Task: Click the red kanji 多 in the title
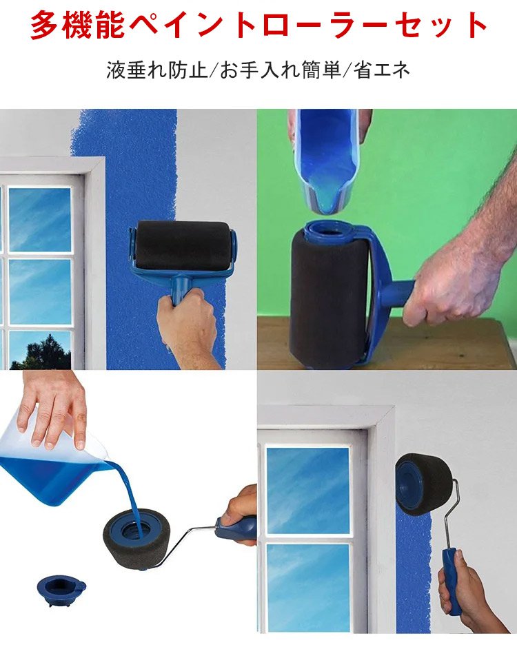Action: pos(45,25)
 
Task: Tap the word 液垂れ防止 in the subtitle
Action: pos(157,70)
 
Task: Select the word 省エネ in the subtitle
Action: pos(382,70)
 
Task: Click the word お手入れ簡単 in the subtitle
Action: pos(281,70)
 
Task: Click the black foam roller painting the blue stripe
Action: pos(183,245)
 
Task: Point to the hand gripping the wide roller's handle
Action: pos(186,327)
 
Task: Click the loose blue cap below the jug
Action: pos(61,590)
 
